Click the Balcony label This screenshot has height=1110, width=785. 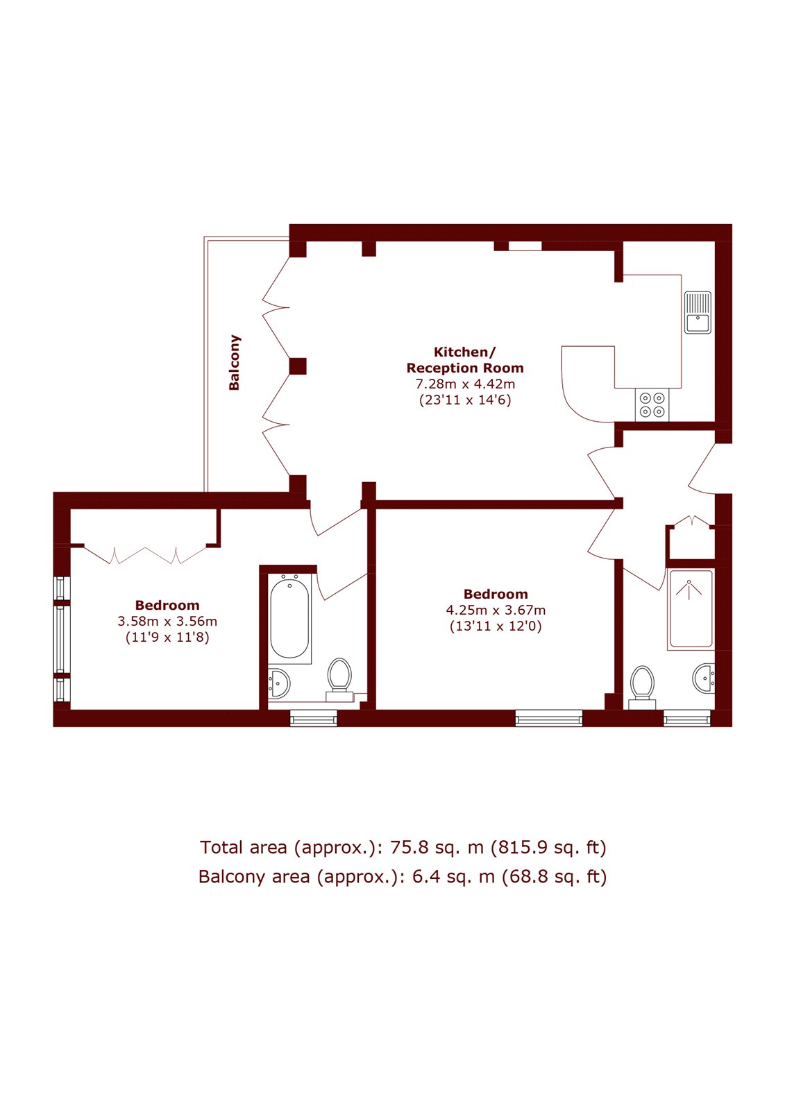coord(234,362)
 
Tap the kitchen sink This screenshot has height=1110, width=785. coord(698,313)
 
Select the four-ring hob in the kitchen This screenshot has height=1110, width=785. coord(652,404)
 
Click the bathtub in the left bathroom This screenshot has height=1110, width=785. coord(290,618)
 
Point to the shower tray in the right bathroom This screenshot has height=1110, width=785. coord(691,609)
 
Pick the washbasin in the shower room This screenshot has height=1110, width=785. coord(704,677)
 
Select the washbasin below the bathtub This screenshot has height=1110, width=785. coord(279,683)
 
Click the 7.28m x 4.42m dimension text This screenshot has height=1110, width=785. coord(464,384)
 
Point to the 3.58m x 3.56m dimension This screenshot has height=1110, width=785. coord(167,621)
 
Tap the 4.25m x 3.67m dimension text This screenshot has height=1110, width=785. coord(496,610)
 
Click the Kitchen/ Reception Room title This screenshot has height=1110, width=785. coord(464,360)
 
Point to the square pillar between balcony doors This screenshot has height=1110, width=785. coord(298,366)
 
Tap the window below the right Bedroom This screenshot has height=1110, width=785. coord(548,718)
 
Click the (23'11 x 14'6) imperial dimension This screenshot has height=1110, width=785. coord(464,400)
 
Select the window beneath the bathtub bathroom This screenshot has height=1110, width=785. coord(314,718)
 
